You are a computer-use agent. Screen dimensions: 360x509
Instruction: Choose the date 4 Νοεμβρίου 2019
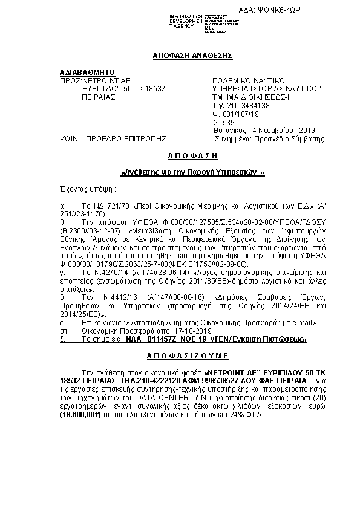[283, 130]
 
